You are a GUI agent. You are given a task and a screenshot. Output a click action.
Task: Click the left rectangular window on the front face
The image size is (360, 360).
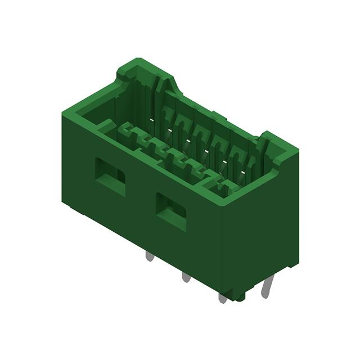pyautogui.click(x=110, y=176)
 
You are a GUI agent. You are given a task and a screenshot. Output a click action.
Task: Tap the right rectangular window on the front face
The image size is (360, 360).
pyautogui.click(x=171, y=211)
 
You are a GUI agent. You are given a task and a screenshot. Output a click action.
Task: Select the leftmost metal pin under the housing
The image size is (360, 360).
pyautogui.click(x=149, y=256)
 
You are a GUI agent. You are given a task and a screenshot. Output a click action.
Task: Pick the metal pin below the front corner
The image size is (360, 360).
pyautogui.click(x=223, y=297)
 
